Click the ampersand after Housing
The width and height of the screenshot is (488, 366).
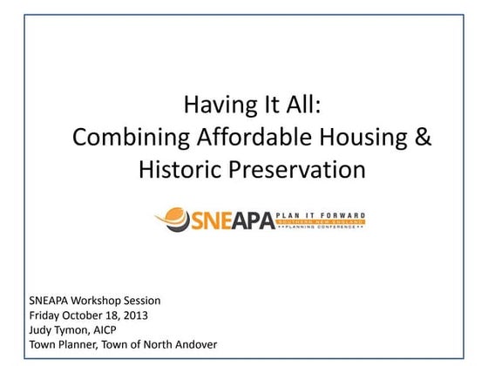tap(422, 138)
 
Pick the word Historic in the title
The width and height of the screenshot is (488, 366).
tap(180, 169)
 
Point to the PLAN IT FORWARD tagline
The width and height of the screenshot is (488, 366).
tap(321, 213)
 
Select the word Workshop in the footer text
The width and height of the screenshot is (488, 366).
tap(99, 301)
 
